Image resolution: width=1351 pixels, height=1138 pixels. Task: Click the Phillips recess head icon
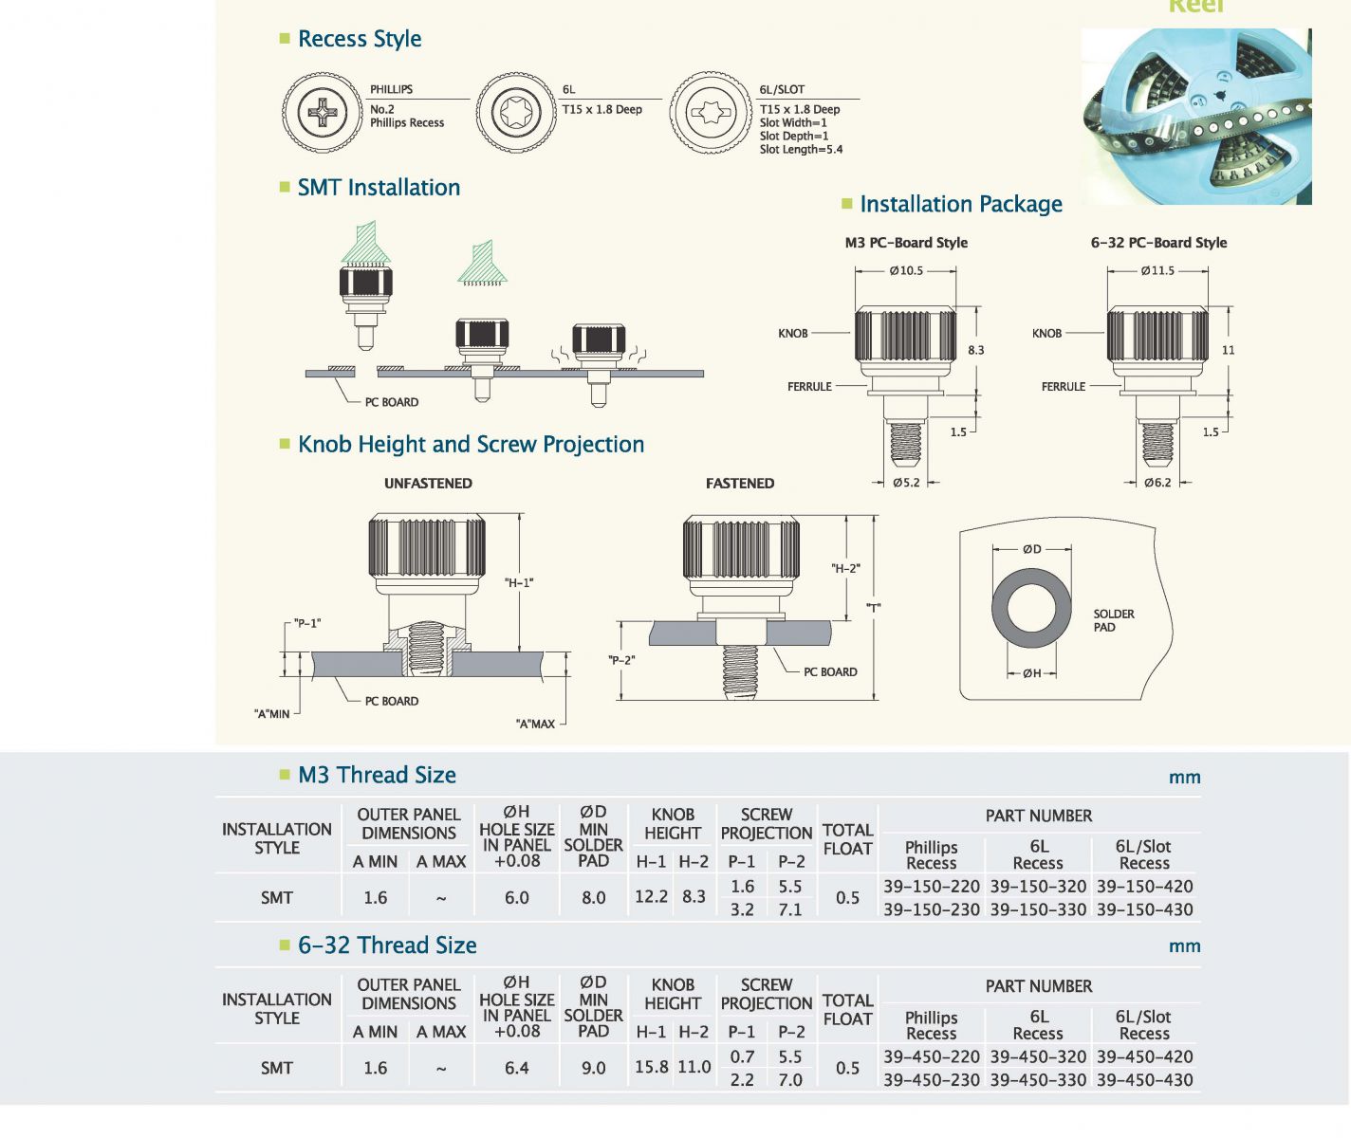tap(323, 113)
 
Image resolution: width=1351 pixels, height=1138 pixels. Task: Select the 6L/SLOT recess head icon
tap(710, 113)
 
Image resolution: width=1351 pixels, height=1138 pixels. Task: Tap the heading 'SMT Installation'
tap(379, 188)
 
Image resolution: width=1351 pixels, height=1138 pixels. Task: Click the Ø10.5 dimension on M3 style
tap(906, 270)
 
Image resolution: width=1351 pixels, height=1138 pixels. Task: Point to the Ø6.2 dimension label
tap(1157, 483)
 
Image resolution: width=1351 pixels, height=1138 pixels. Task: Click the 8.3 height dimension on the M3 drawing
tap(975, 350)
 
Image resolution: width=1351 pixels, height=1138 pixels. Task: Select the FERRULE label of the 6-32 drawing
tap(1064, 386)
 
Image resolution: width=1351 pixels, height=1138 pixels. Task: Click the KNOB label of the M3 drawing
tap(792, 333)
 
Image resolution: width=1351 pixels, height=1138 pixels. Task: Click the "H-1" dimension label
tap(519, 582)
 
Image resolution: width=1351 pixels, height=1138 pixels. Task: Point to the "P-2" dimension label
tap(621, 660)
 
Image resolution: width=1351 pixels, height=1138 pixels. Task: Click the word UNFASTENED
tap(428, 484)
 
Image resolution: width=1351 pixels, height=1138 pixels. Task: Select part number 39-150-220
tap(931, 887)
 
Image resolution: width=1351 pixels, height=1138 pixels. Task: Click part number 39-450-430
tap(1144, 1080)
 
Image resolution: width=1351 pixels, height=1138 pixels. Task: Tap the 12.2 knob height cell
tap(651, 897)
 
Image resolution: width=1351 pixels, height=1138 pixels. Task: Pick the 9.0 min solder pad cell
tap(593, 1068)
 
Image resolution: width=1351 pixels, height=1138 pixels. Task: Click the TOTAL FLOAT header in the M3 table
tap(847, 839)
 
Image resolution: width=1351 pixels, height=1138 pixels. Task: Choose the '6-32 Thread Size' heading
tap(387, 945)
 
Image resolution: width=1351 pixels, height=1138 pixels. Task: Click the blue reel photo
tap(1196, 117)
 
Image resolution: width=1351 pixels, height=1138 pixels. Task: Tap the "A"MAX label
tap(535, 724)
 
